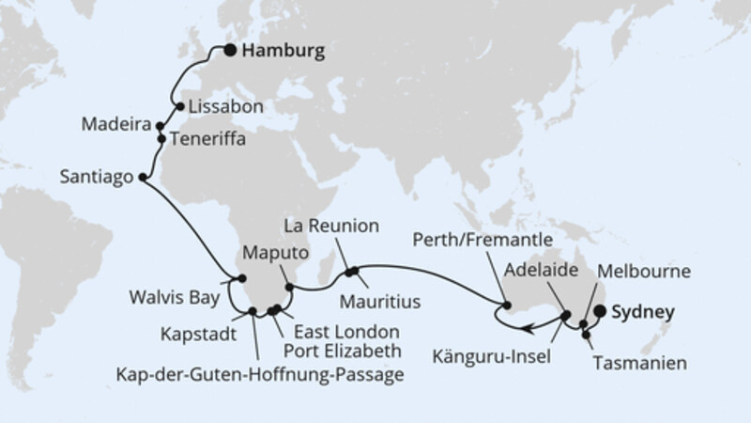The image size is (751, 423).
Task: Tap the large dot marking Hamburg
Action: coord(229,54)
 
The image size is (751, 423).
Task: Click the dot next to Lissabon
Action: coord(179,106)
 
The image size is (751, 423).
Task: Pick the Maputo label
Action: coord(275,254)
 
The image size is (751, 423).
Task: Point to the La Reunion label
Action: coord(333,226)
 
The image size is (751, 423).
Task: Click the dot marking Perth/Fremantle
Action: coord(507,305)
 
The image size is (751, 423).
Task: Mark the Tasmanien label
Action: coord(636,361)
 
